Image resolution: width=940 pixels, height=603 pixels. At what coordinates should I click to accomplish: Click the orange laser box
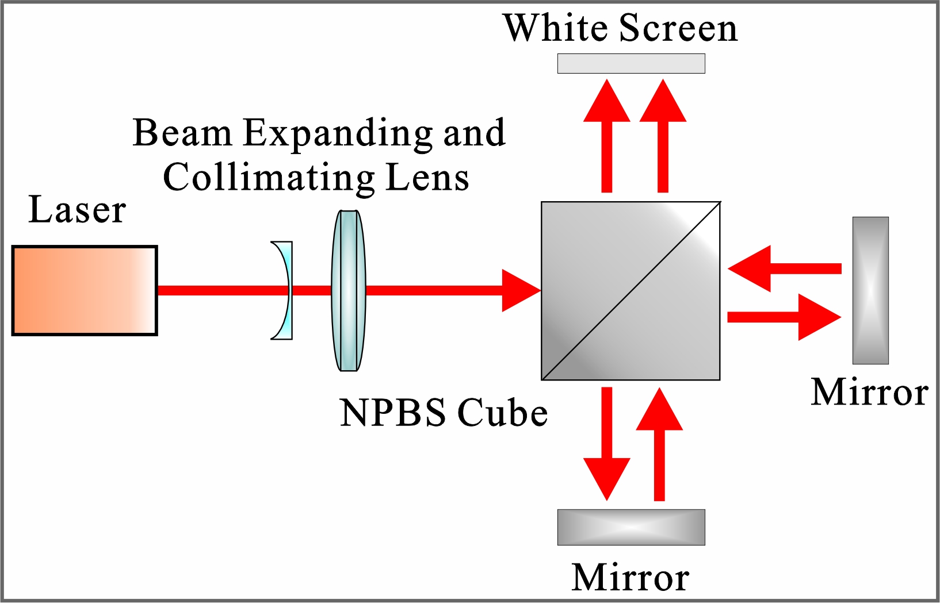pyautogui.click(x=85, y=291)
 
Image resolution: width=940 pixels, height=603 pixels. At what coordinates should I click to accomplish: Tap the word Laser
pyautogui.click(x=77, y=210)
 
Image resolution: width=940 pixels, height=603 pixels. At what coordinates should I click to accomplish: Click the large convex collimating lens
pyautogui.click(x=348, y=291)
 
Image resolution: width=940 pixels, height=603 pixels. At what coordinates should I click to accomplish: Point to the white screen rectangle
pyautogui.click(x=631, y=63)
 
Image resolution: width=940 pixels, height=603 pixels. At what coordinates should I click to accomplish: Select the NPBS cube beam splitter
pyautogui.click(x=631, y=291)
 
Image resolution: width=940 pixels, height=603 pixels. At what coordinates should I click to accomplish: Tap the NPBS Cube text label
pyautogui.click(x=444, y=413)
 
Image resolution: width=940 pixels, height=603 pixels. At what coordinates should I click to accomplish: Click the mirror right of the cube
pyautogui.click(x=870, y=291)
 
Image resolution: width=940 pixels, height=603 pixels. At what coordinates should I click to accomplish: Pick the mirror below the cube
pyautogui.click(x=631, y=527)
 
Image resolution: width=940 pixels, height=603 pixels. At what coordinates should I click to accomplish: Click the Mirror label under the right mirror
pyautogui.click(x=869, y=393)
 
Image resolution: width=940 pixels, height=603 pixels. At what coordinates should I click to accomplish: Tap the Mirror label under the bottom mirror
pyautogui.click(x=631, y=578)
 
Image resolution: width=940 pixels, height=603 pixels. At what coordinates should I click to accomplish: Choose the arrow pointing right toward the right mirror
pyautogui.click(x=786, y=317)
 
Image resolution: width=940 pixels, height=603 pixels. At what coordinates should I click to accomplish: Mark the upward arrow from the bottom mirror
pyautogui.click(x=659, y=443)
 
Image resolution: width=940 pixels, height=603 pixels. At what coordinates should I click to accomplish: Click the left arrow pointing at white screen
pyautogui.click(x=606, y=136)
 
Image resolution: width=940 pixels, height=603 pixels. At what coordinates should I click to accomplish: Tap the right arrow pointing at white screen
pyautogui.click(x=663, y=136)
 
